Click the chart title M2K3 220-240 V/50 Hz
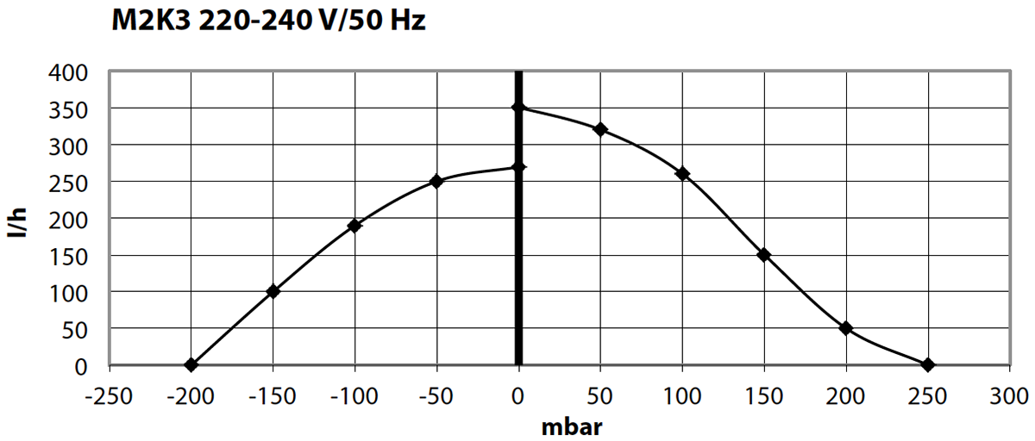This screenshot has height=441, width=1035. [268, 21]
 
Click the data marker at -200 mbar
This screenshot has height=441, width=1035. [191, 365]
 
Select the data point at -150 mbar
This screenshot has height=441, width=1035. [273, 291]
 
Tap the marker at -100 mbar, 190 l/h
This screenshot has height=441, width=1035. [354, 226]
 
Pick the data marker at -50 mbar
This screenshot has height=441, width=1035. [436, 181]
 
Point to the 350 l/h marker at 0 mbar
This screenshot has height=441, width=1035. [518, 107]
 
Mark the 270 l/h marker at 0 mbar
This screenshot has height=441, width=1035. [518, 167]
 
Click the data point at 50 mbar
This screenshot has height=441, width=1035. [600, 129]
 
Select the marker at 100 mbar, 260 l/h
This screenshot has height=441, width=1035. [682, 174]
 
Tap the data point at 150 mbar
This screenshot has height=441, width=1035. [764, 255]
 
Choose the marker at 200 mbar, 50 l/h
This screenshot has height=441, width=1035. [846, 328]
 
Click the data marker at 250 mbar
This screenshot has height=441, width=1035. [928, 365]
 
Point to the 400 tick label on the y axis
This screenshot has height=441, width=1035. [72, 72]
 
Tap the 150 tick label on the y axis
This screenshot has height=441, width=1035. [72, 256]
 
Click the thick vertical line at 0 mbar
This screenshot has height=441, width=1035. [518, 258]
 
